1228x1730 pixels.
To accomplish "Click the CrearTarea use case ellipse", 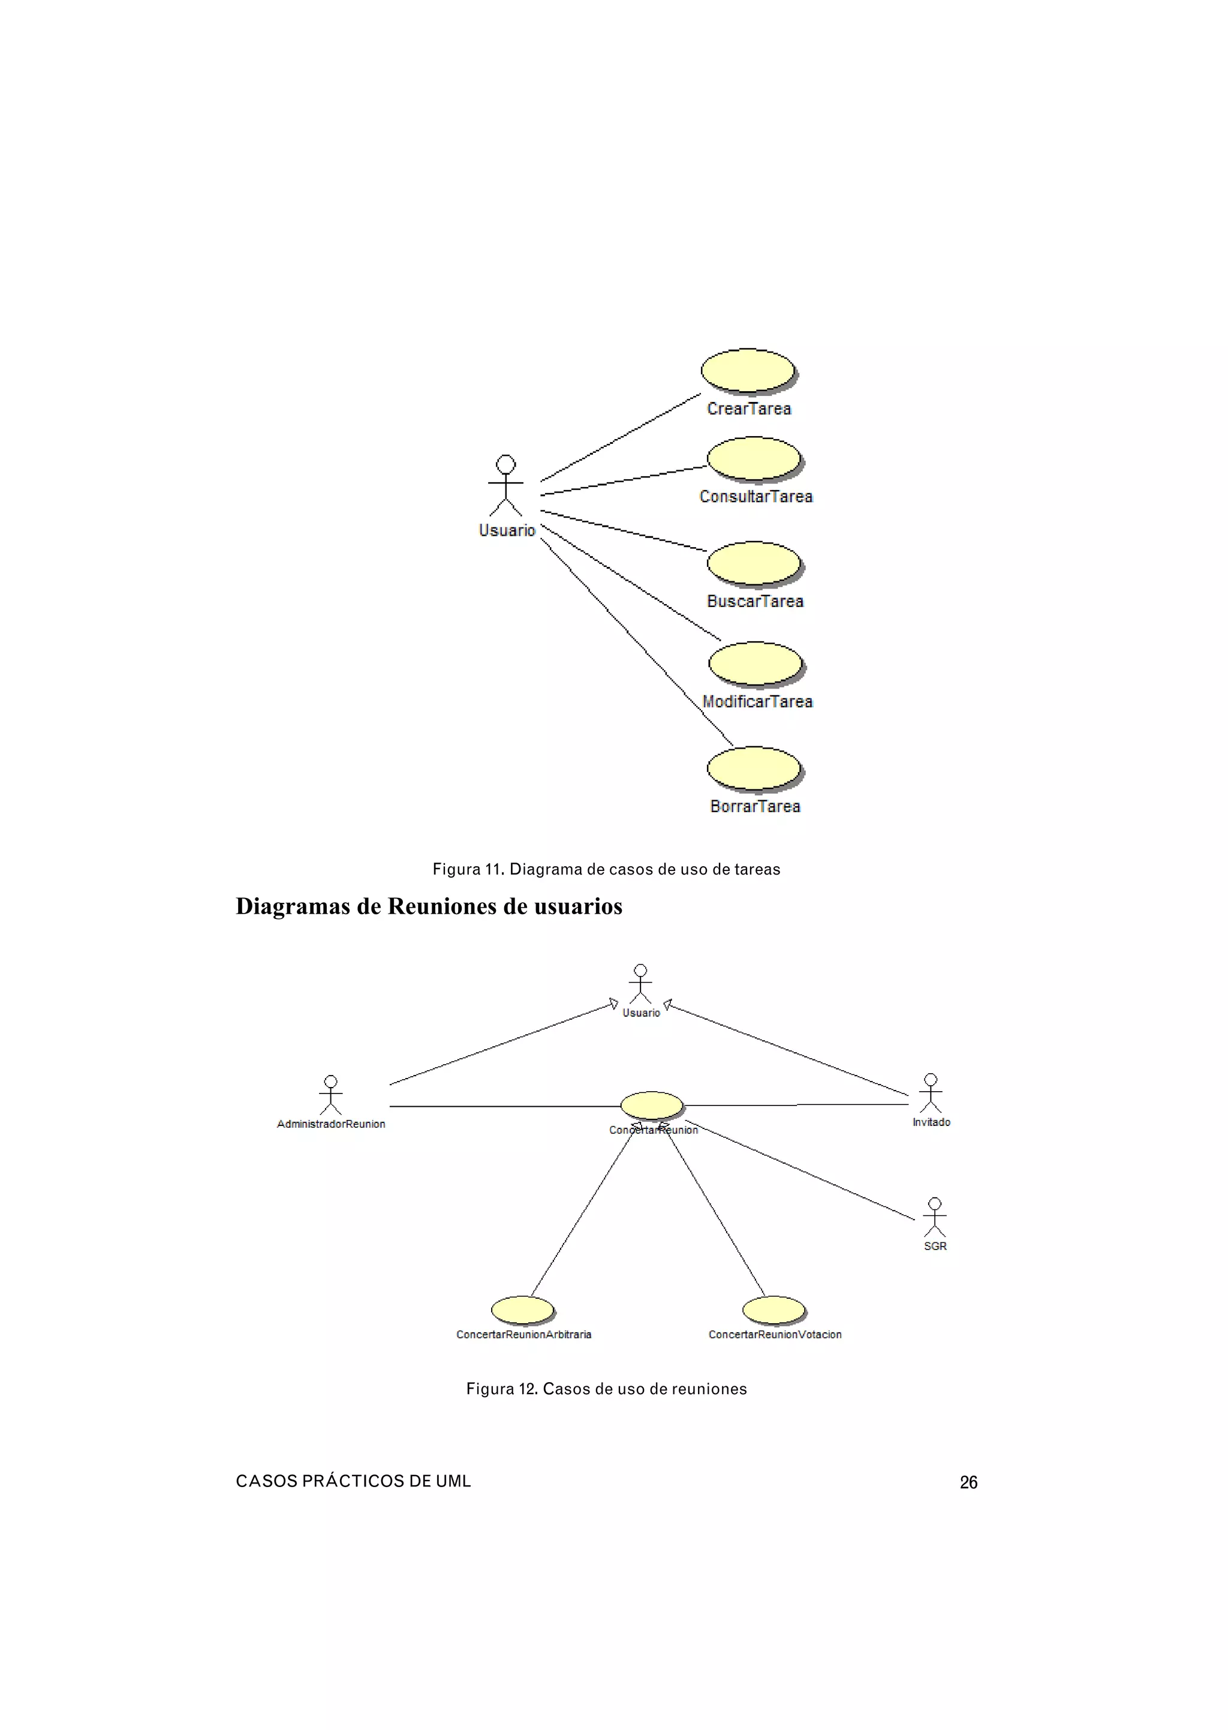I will point(748,371).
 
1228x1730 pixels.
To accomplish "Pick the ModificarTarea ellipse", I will point(756,663).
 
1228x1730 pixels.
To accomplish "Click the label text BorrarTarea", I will point(755,806).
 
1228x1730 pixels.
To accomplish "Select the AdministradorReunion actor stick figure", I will point(330,1095).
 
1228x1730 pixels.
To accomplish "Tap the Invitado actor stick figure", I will point(931,1093).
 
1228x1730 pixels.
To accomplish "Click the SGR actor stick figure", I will point(935,1217).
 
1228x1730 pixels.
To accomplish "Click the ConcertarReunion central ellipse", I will point(651,1105).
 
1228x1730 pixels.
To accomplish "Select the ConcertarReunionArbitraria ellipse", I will point(522,1309).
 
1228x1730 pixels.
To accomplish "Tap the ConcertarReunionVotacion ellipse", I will point(773,1309).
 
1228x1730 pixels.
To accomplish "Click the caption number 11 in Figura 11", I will point(493,869).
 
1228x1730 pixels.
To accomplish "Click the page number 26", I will point(968,1483).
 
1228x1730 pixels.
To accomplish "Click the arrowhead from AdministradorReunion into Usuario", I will point(613,1005).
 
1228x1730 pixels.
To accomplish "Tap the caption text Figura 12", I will point(501,1389).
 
